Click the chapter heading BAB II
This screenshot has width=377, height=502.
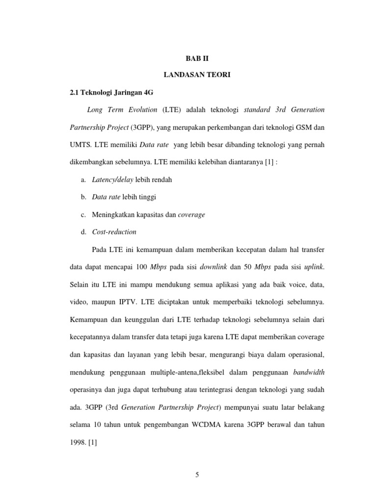point(196,58)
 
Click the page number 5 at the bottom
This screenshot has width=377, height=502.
point(196,474)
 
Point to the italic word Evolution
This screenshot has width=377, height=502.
point(139,109)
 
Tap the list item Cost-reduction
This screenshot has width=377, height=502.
point(114,231)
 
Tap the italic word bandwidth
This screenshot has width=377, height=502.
point(308,372)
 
